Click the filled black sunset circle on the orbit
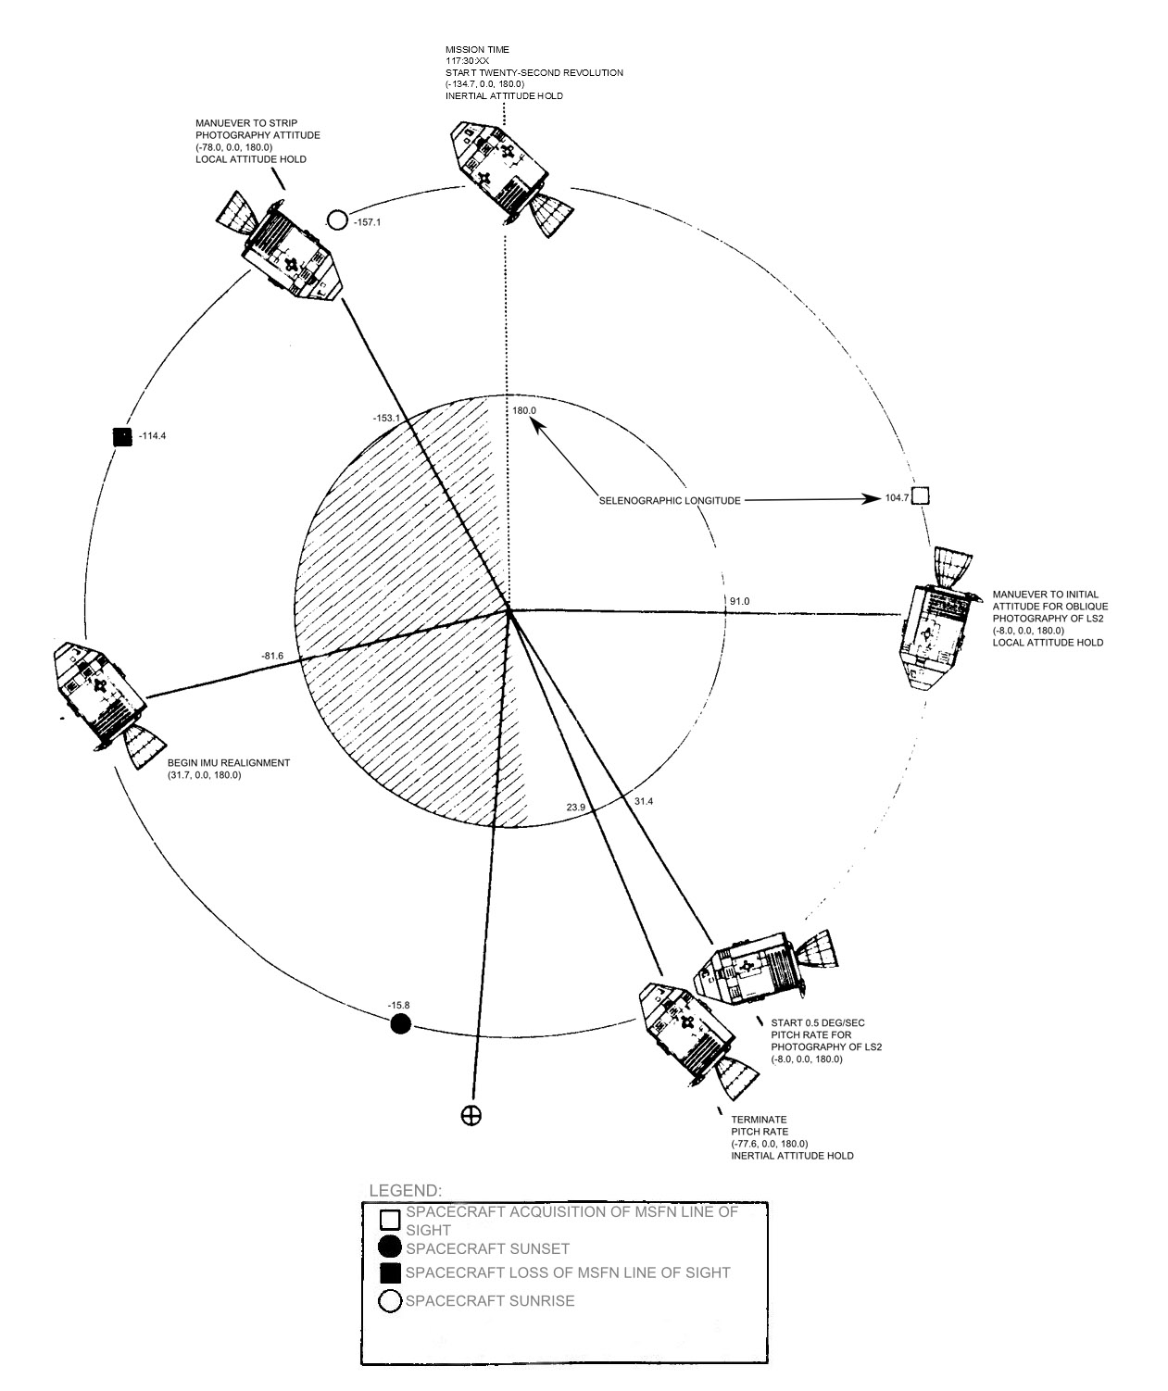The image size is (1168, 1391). click(x=400, y=1023)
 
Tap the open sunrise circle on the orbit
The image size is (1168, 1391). click(x=338, y=220)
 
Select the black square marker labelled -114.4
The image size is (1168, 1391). click(x=120, y=436)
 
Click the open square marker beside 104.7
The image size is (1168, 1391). click(x=920, y=496)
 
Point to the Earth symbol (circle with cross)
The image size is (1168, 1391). click(x=471, y=1115)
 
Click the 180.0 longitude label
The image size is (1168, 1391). click(x=524, y=409)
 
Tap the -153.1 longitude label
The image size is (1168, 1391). click(x=385, y=418)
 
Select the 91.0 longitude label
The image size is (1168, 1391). click(x=739, y=601)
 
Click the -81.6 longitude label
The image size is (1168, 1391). click(x=272, y=656)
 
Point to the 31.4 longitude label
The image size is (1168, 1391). click(x=644, y=801)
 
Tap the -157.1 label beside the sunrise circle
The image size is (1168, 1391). click(x=368, y=222)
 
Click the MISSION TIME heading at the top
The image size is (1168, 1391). click(x=477, y=50)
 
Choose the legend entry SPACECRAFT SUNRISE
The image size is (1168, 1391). click(x=490, y=1301)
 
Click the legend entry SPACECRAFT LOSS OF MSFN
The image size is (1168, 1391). click(x=568, y=1272)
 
